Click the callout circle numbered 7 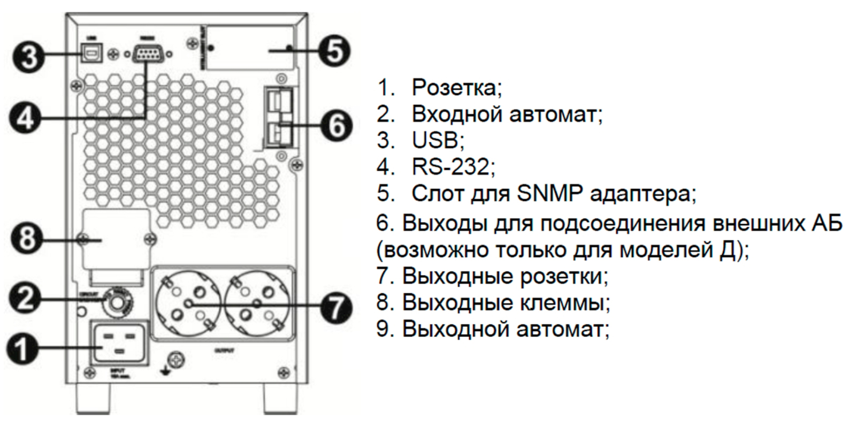(335, 309)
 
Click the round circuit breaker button (117, 303)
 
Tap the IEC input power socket (119, 343)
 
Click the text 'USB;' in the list (438, 140)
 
